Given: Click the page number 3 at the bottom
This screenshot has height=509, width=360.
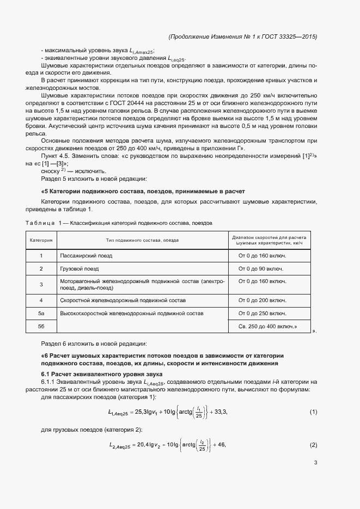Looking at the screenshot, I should (x=315, y=463).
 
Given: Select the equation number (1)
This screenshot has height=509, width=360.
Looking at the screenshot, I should (x=313, y=412).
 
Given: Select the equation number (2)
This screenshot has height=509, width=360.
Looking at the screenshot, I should (x=313, y=445).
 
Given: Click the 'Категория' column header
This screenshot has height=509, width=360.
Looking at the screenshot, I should (x=41, y=240).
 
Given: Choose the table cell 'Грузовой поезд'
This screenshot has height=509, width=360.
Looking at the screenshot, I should (x=80, y=269).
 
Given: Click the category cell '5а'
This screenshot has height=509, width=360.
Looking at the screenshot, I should (x=41, y=314).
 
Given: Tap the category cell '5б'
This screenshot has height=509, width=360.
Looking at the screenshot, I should (x=41, y=326).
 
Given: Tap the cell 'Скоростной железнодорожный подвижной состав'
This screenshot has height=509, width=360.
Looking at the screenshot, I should (x=123, y=300).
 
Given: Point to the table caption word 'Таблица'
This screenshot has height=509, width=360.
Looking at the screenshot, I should (x=39, y=223).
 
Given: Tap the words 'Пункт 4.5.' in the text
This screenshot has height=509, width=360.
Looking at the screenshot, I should (x=56, y=156).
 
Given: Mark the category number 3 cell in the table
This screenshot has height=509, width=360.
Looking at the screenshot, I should (x=41, y=284).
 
